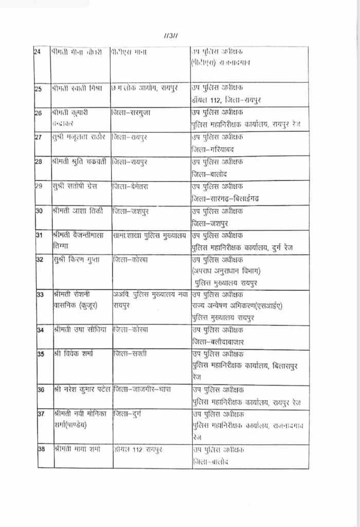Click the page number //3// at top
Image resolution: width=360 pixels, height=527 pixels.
click(171, 36)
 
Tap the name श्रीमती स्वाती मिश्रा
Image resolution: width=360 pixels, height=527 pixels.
click(77, 89)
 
